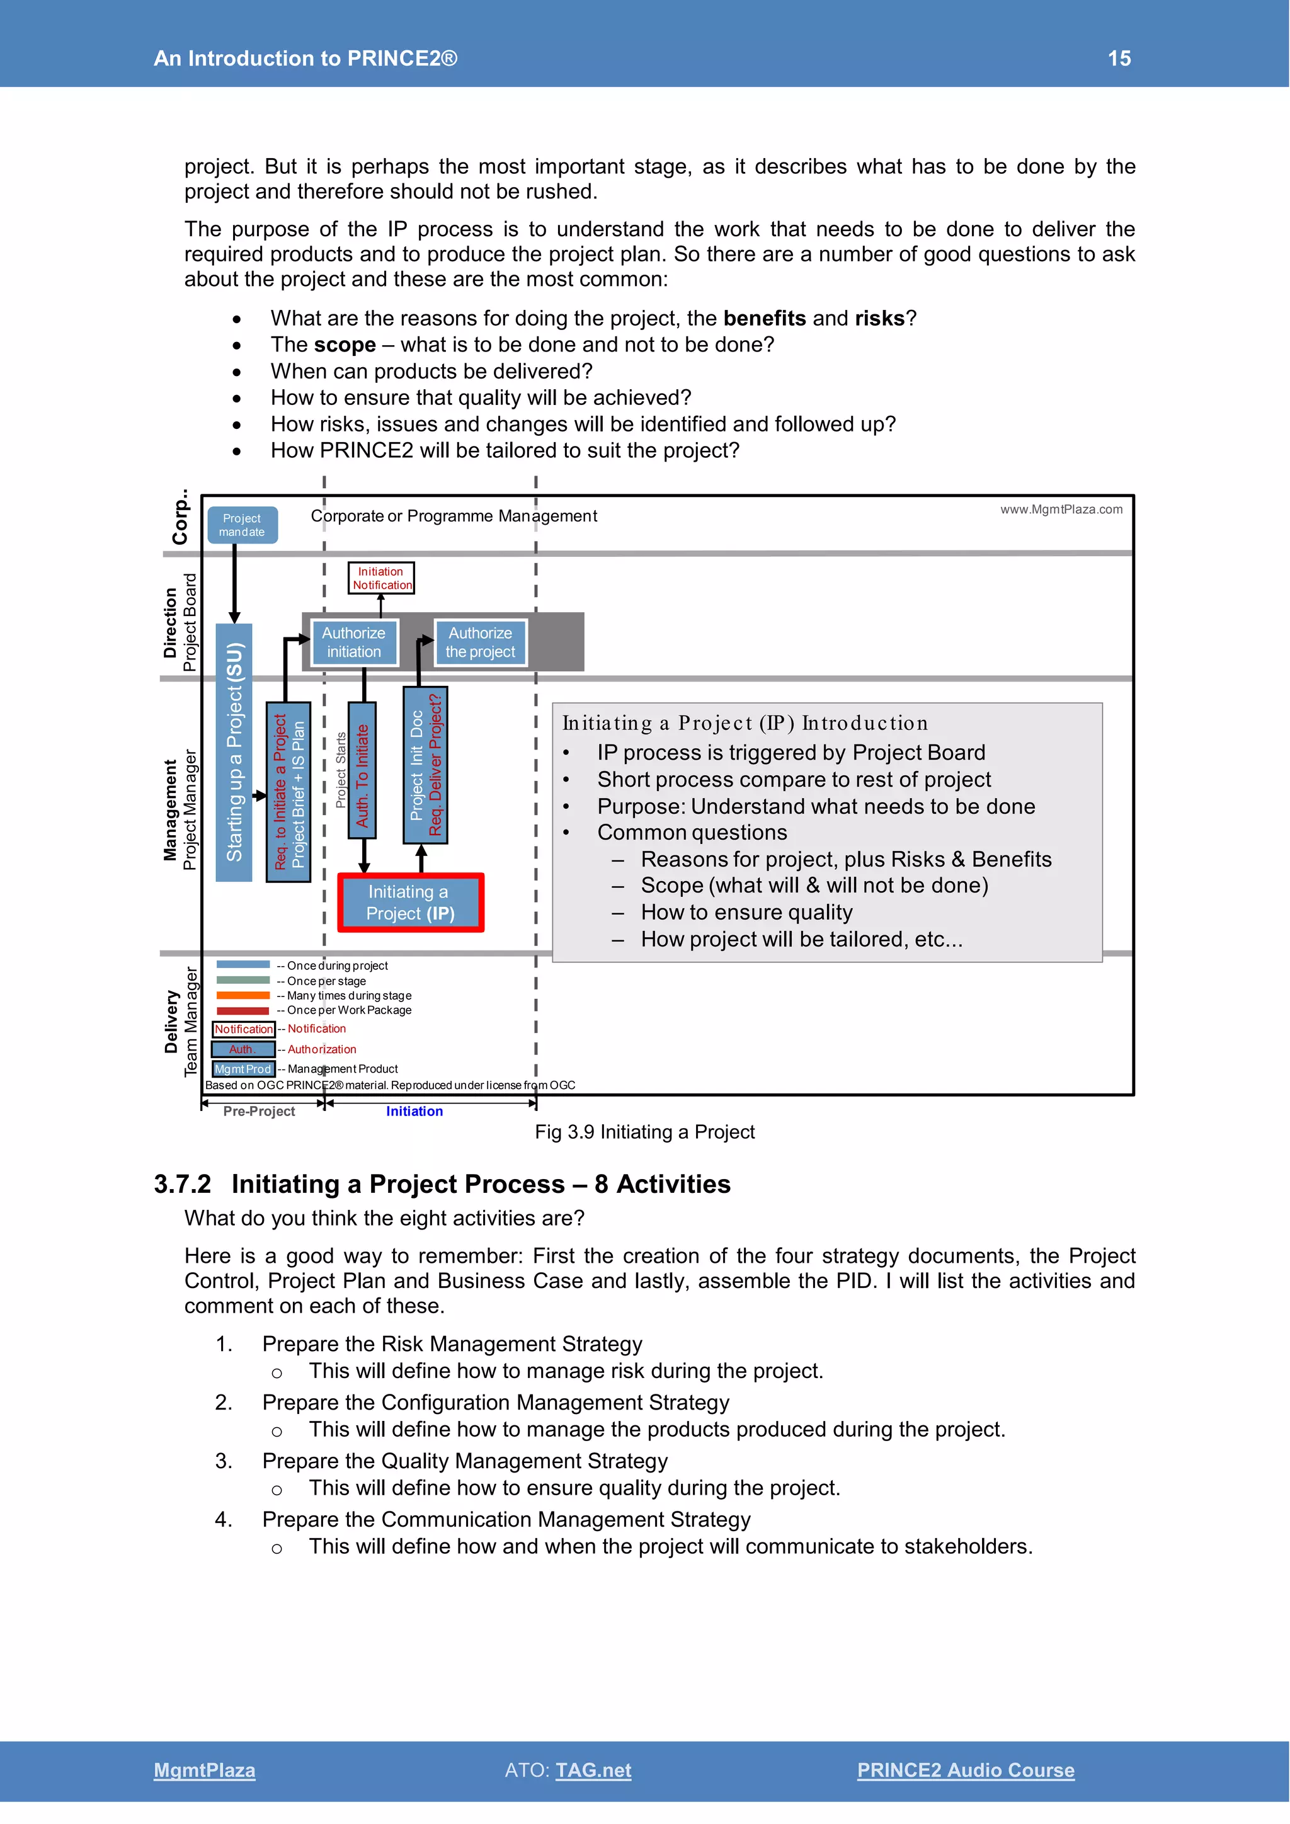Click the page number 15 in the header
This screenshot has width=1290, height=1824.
[1119, 58]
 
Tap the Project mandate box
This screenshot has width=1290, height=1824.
[243, 525]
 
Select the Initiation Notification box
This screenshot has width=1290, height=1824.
[381, 578]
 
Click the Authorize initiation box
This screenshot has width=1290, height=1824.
[353, 642]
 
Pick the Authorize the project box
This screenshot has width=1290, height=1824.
[480, 642]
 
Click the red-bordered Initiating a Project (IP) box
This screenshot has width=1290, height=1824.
[411, 903]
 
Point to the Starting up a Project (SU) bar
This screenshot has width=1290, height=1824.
[234, 751]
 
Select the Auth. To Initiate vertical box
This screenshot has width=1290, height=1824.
[362, 770]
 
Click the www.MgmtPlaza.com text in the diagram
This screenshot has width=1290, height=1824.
[1061, 510]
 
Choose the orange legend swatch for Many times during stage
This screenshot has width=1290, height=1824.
[243, 995]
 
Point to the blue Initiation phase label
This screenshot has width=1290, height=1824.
[414, 1112]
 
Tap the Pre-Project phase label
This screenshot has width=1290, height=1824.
[259, 1112]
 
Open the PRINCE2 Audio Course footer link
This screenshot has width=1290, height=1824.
[965, 1770]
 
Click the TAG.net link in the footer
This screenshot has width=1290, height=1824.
[593, 1770]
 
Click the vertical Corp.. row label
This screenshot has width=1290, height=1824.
[181, 517]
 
